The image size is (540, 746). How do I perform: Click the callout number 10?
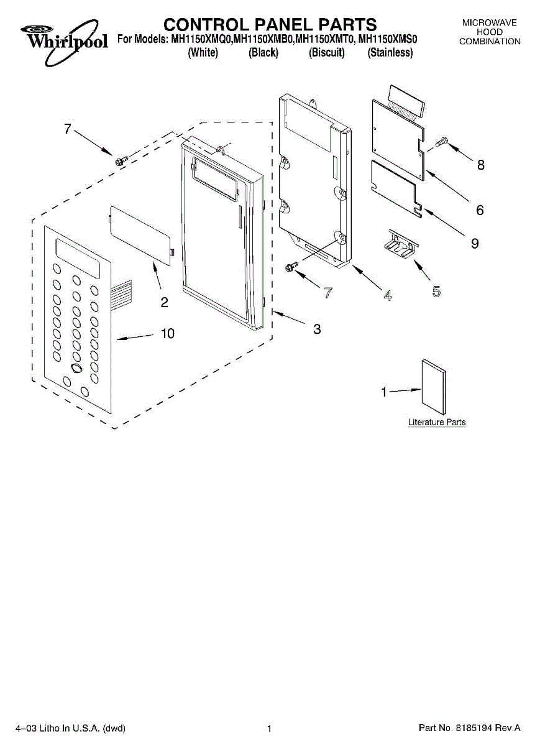(x=168, y=334)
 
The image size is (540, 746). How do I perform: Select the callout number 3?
(x=317, y=329)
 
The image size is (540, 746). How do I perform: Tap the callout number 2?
(x=164, y=303)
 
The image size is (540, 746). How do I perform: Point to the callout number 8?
(x=480, y=165)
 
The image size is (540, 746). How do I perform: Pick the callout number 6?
(x=480, y=210)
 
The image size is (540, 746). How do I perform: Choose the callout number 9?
(x=475, y=244)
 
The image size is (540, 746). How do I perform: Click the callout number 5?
(x=436, y=291)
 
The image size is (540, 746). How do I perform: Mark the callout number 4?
(x=388, y=296)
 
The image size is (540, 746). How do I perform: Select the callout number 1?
(x=384, y=392)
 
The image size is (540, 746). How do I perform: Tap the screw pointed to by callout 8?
(x=442, y=142)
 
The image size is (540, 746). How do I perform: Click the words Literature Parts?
(x=437, y=422)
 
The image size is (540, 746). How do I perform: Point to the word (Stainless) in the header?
(x=390, y=53)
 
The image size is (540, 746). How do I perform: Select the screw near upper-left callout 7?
(x=120, y=160)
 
